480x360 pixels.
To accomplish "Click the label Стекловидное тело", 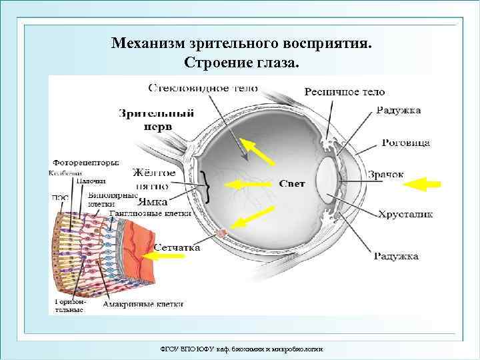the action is tap(203, 88).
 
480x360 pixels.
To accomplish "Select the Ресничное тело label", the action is tap(344, 92).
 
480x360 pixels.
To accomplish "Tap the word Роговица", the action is tap(406, 143).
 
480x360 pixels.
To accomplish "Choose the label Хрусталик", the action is tap(405, 215).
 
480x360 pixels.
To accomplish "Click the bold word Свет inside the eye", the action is tap(291, 183).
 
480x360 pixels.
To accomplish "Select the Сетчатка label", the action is tap(177, 247).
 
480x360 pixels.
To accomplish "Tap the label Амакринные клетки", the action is tap(143, 304).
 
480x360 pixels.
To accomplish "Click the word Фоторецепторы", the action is tap(85, 162).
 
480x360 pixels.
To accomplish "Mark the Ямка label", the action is tap(152, 198).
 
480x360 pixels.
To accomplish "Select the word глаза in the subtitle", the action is tap(279, 64).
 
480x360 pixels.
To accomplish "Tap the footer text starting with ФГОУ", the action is tap(242, 349).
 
